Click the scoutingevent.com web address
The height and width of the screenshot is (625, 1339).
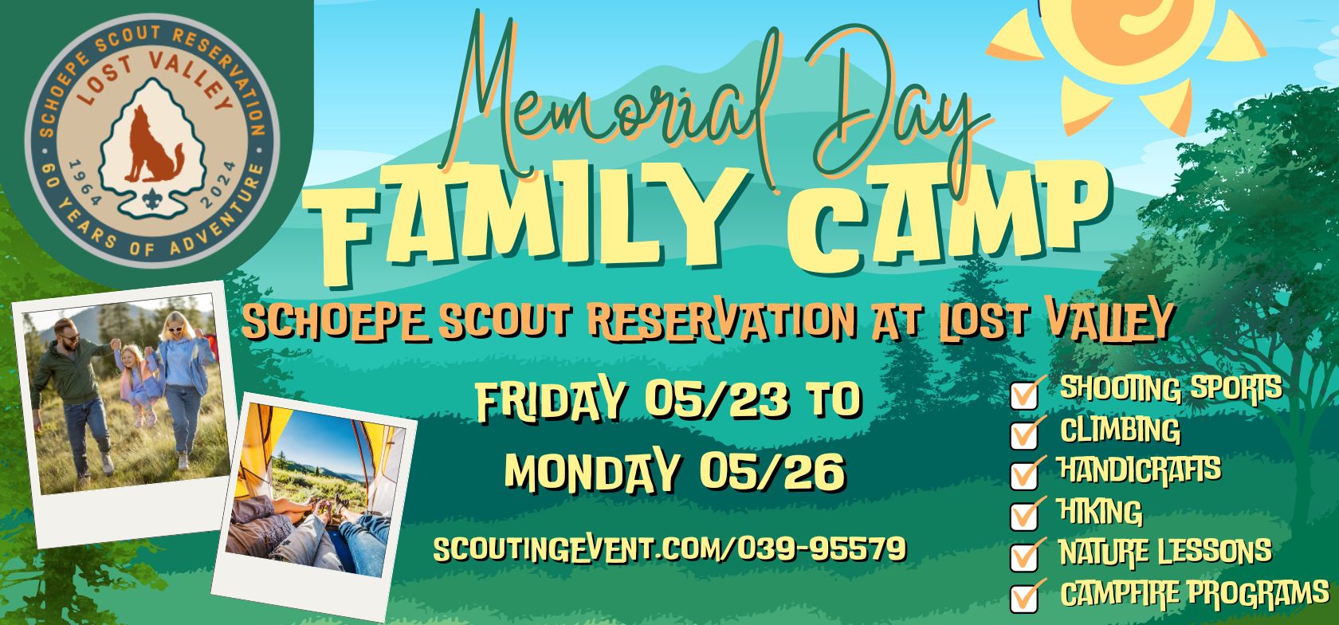(x=669, y=548)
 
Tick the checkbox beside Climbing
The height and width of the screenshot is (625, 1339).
(x=1024, y=436)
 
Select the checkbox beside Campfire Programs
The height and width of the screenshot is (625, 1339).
(x=1024, y=597)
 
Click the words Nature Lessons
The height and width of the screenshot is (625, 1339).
(x=1165, y=552)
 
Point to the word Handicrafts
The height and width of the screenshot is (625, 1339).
(x=1140, y=470)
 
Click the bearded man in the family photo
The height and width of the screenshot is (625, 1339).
(x=75, y=395)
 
